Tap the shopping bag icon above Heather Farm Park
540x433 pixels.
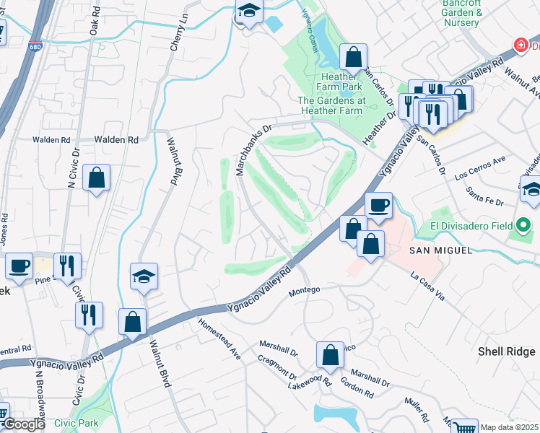[x=354, y=56]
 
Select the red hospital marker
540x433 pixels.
[x=520, y=45]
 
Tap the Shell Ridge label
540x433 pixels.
[x=508, y=351]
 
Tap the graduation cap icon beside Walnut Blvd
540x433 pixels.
[x=144, y=276]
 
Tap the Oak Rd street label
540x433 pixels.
[x=94, y=27]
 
